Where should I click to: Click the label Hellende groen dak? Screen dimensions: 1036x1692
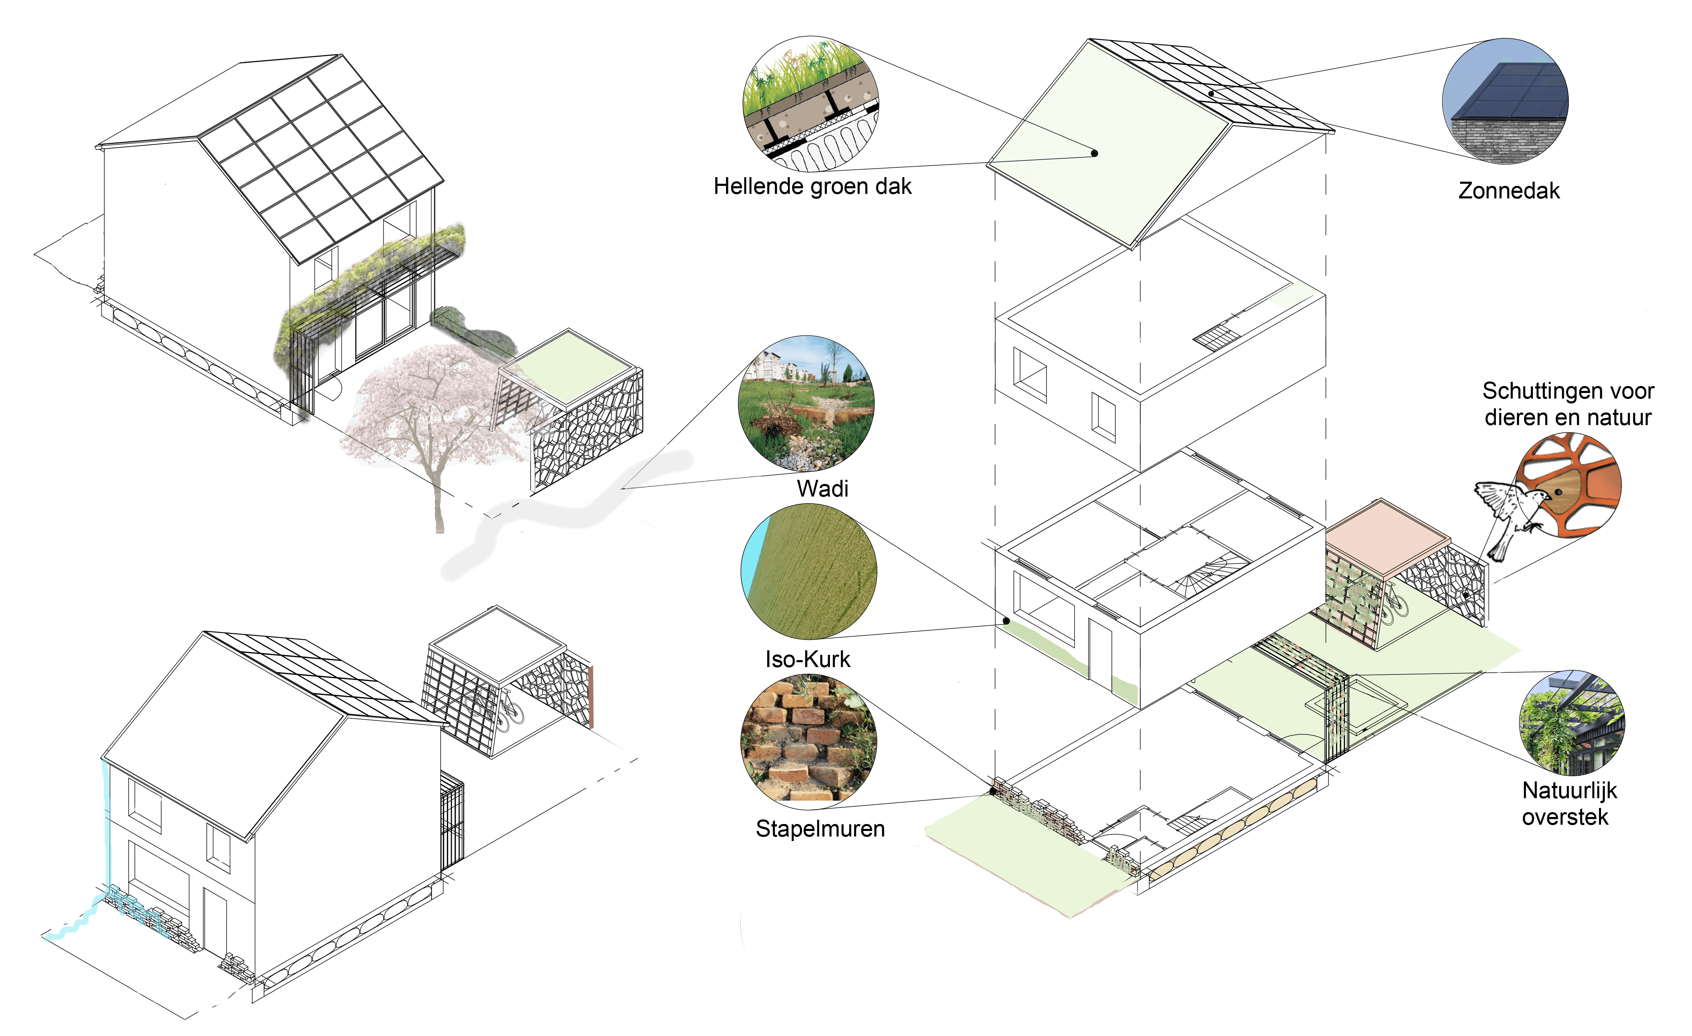(x=813, y=187)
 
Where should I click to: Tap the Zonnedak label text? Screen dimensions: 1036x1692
(x=1508, y=191)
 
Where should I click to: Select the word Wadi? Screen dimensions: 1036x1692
(x=822, y=489)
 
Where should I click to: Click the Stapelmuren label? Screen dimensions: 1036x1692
(x=820, y=829)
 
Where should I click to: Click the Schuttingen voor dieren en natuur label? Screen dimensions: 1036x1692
(x=1568, y=404)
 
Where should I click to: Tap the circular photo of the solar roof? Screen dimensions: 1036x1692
(x=1505, y=101)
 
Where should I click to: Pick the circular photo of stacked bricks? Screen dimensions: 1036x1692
(x=808, y=739)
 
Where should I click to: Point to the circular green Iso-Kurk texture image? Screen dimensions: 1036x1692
(x=809, y=572)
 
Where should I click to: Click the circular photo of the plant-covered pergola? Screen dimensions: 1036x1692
(x=1571, y=723)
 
